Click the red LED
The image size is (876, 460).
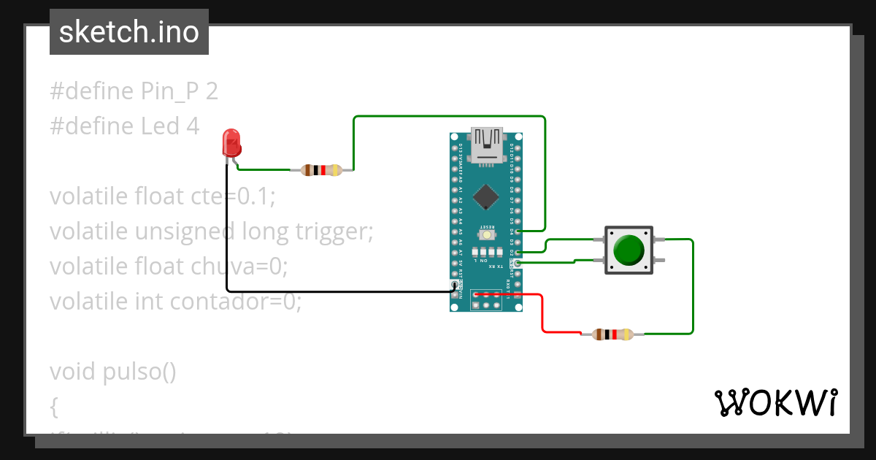click(x=231, y=142)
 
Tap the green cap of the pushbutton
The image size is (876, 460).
click(x=629, y=250)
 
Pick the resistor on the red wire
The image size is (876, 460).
click(x=612, y=334)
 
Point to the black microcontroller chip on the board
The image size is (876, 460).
click(x=486, y=196)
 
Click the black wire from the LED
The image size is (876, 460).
click(x=227, y=234)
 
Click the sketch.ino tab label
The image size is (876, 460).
click(x=129, y=32)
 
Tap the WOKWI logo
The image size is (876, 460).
click(x=775, y=402)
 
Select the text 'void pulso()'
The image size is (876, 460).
click(x=113, y=371)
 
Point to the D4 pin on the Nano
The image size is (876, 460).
click(x=518, y=231)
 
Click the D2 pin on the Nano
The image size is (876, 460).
click(x=518, y=253)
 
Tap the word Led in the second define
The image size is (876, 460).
click(x=160, y=126)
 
